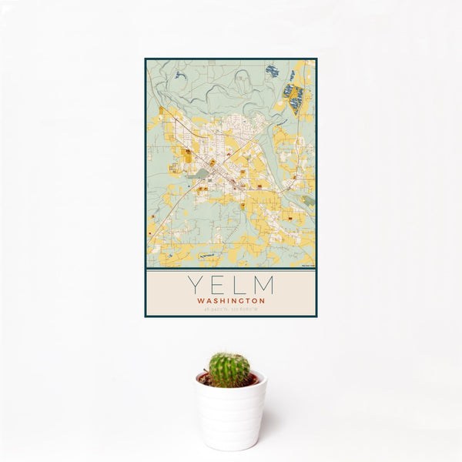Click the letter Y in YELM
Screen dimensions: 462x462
point(195,286)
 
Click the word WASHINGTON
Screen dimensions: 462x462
point(231,301)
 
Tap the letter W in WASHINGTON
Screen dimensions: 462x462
point(200,301)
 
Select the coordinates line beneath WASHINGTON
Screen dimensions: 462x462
point(231,309)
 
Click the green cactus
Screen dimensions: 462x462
point(229,370)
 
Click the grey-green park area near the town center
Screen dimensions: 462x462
point(202,174)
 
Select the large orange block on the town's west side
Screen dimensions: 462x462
point(187,156)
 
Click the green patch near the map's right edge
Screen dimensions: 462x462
point(308,200)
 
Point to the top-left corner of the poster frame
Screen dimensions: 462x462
point(146,59)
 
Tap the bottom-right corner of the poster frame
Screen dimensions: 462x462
point(316,316)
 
